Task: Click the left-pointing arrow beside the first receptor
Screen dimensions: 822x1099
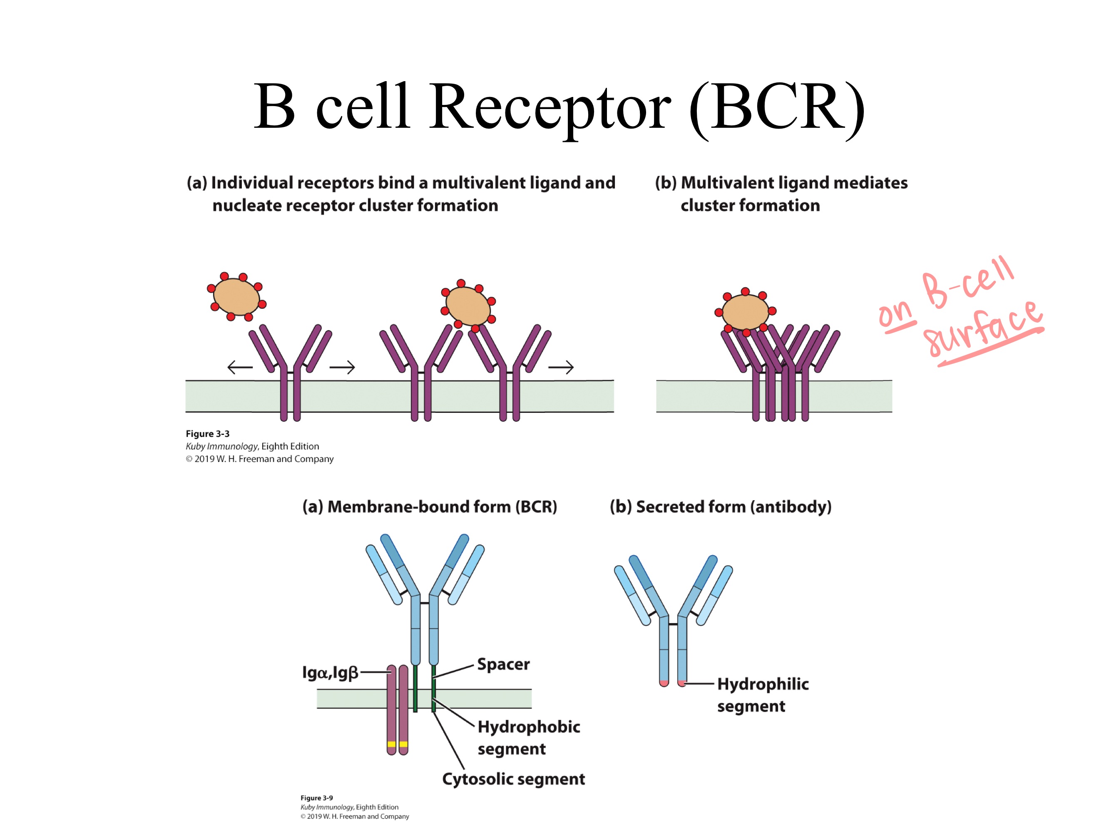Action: click(240, 368)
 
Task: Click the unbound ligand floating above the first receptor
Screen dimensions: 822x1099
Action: click(236, 296)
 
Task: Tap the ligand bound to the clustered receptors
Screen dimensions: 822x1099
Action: click(745, 312)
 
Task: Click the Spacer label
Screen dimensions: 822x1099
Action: click(503, 664)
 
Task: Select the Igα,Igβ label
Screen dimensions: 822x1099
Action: click(330, 673)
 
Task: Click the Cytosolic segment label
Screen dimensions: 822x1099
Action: click(513, 779)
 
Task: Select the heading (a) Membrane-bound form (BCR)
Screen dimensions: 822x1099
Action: click(429, 507)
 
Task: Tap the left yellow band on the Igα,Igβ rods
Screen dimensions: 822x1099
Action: click(391, 744)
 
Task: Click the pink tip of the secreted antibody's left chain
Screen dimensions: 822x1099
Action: click(664, 683)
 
